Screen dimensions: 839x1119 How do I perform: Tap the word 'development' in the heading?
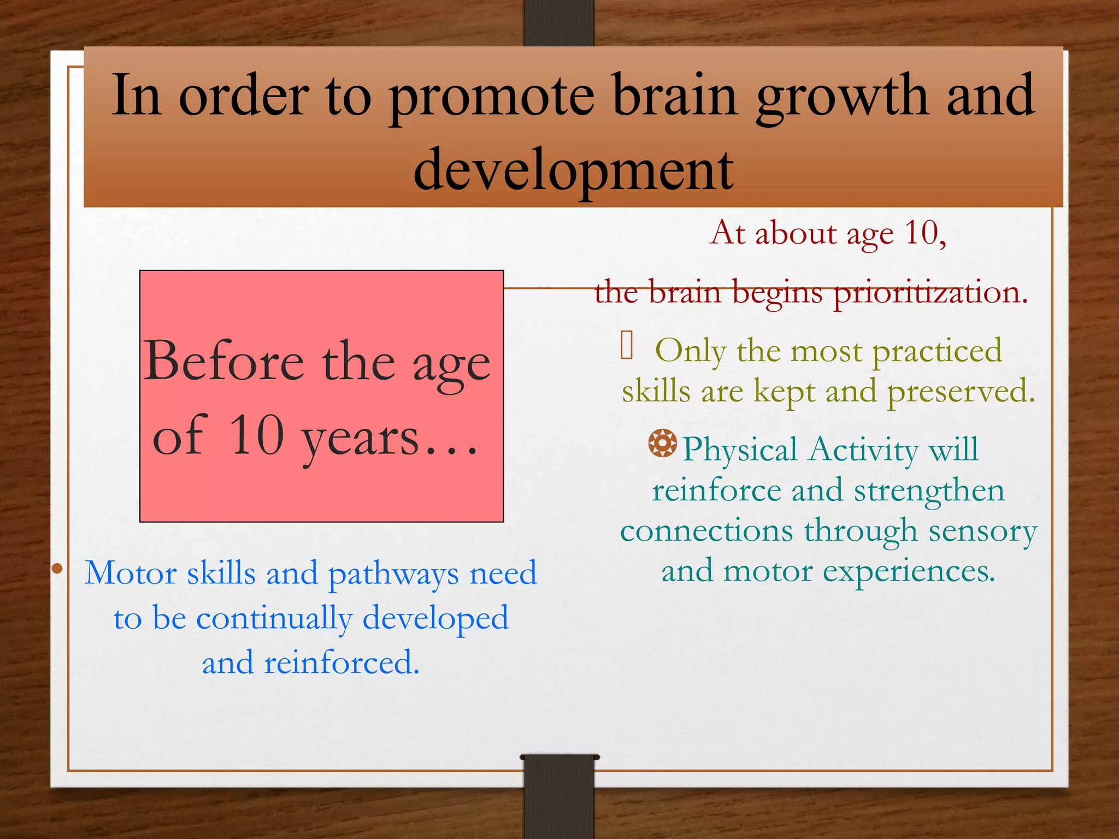[574, 170]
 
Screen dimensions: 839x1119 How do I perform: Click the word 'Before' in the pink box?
[225, 362]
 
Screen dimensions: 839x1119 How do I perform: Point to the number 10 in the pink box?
[257, 435]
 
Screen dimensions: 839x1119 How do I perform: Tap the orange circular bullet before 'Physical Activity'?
[662, 443]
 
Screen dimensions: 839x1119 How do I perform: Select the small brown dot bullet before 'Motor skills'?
[57, 569]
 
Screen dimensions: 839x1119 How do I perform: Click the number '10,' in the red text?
[925, 233]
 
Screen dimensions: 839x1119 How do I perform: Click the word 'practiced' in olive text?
[937, 351]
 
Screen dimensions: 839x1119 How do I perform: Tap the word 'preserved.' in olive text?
[961, 392]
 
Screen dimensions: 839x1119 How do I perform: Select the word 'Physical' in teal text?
[740, 450]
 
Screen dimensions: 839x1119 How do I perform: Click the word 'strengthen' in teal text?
[929, 491]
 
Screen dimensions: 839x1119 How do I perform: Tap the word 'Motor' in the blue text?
[131, 574]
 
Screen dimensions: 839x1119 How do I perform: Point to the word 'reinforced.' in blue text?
[342, 663]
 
